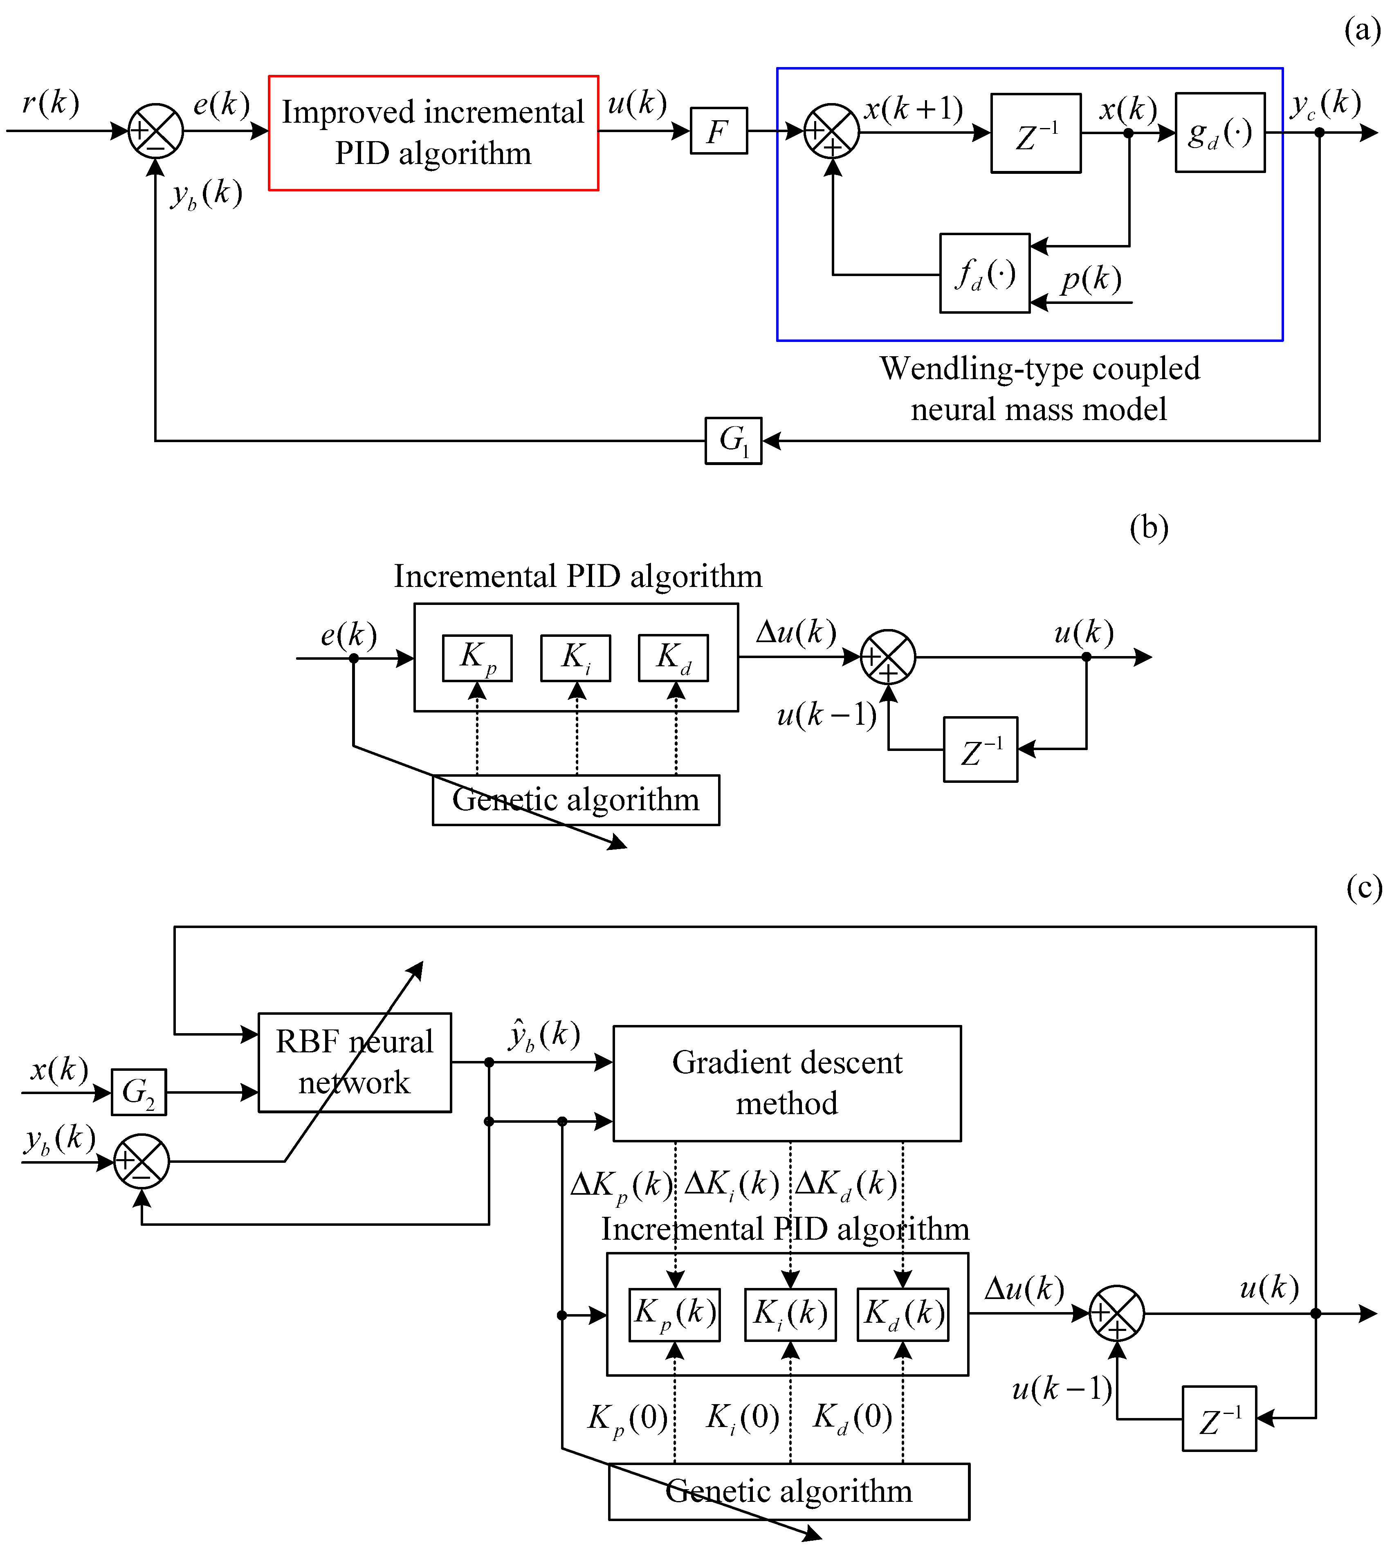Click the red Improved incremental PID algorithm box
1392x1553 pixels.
coord(433,133)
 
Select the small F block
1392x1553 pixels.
coord(718,131)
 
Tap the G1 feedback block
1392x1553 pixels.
coord(733,441)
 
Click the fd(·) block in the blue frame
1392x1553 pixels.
coord(984,273)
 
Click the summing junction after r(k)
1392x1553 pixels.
coord(155,131)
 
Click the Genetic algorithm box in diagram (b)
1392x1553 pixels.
coord(575,800)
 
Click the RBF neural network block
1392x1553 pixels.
coord(354,1063)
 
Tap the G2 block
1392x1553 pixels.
coord(139,1092)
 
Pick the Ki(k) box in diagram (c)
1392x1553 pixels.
coord(790,1314)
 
